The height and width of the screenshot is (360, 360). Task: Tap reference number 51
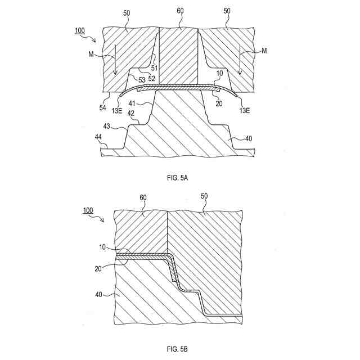[154, 69]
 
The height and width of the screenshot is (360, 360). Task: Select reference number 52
[151, 78]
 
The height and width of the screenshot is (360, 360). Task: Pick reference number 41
[133, 103]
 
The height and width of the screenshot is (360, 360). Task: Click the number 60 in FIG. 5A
[180, 25]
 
